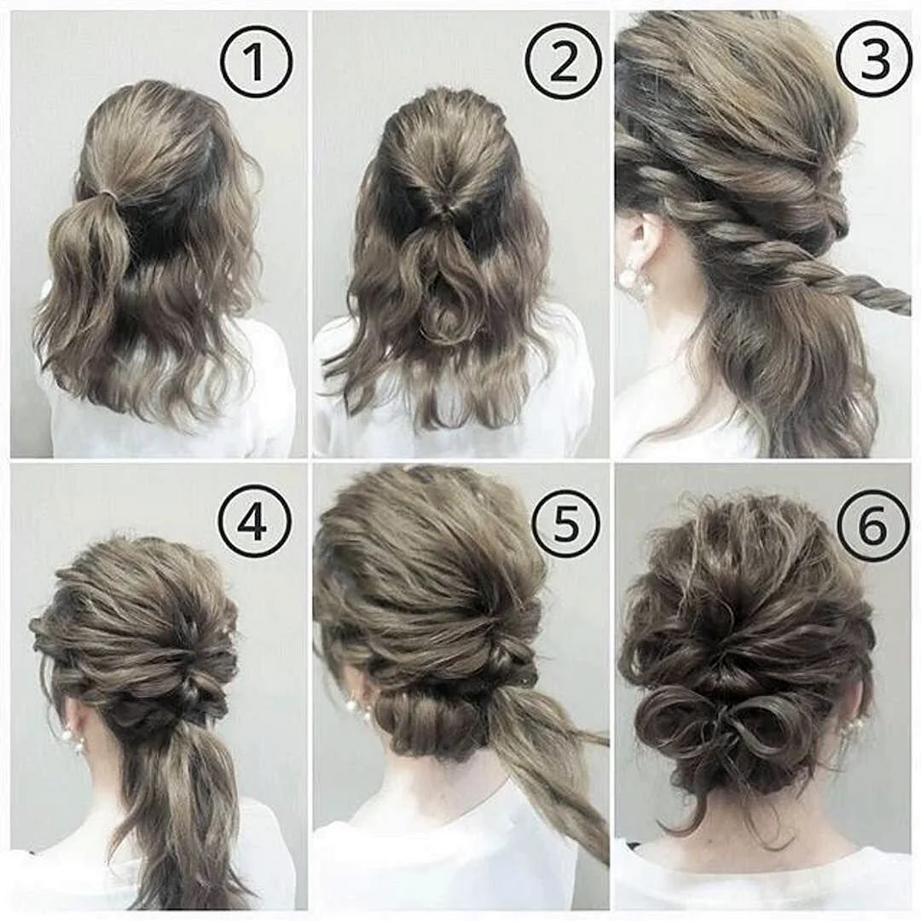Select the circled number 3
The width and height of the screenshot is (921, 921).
(x=873, y=60)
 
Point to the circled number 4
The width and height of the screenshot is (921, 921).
(x=255, y=522)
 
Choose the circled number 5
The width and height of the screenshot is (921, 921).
(x=565, y=522)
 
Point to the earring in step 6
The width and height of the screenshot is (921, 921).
(x=850, y=733)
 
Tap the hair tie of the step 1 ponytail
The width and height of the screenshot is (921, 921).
(x=110, y=194)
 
